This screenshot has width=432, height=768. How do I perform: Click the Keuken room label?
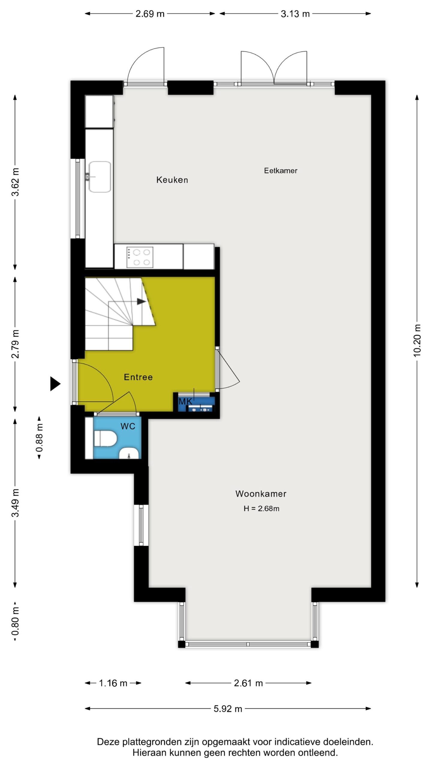coord(172,180)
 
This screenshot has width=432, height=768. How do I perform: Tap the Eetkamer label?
coord(280,171)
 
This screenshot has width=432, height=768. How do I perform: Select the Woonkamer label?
coord(261,494)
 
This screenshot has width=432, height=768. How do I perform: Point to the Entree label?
coord(138,377)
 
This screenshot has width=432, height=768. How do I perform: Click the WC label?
coord(128,426)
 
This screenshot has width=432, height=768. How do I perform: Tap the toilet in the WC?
coord(105,439)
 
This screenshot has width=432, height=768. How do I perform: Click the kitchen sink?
coord(100,177)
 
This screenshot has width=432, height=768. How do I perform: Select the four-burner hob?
coord(140,257)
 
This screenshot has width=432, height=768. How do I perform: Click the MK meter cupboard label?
coord(185,401)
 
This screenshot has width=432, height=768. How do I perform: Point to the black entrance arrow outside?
coord(55,384)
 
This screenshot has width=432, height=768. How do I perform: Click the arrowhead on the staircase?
coord(141,301)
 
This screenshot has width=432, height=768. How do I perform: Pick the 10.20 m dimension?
coord(417,340)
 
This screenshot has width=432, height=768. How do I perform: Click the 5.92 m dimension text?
coord(228,709)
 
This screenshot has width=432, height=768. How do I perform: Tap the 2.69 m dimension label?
coord(150,14)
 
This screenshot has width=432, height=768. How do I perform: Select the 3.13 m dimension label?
coord(295,14)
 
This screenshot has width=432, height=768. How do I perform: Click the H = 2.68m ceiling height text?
coord(261,508)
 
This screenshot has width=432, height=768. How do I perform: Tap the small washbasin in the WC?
coord(129,454)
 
